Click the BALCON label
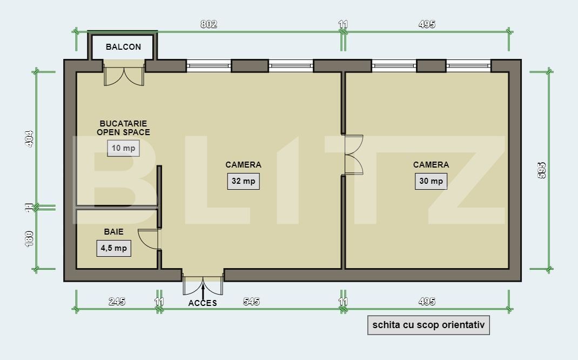coord(123,47)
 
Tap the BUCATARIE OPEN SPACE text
coord(123,128)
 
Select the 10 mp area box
coord(123,148)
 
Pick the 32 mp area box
coord(243,181)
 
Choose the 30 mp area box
coord(431,181)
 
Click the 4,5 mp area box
coord(113,248)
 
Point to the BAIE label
coord(113,232)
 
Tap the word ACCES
coord(203,303)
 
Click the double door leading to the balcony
coord(124,76)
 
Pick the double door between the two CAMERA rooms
coord(353,155)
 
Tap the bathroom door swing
coord(149,239)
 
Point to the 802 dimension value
coord(209,24)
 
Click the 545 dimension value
coord(251,302)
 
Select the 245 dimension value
coord(117,302)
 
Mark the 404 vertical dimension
coord(30,138)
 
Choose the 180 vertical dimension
coord(30,238)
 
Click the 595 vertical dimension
coord(542,170)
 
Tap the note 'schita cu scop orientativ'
coord(428,325)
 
